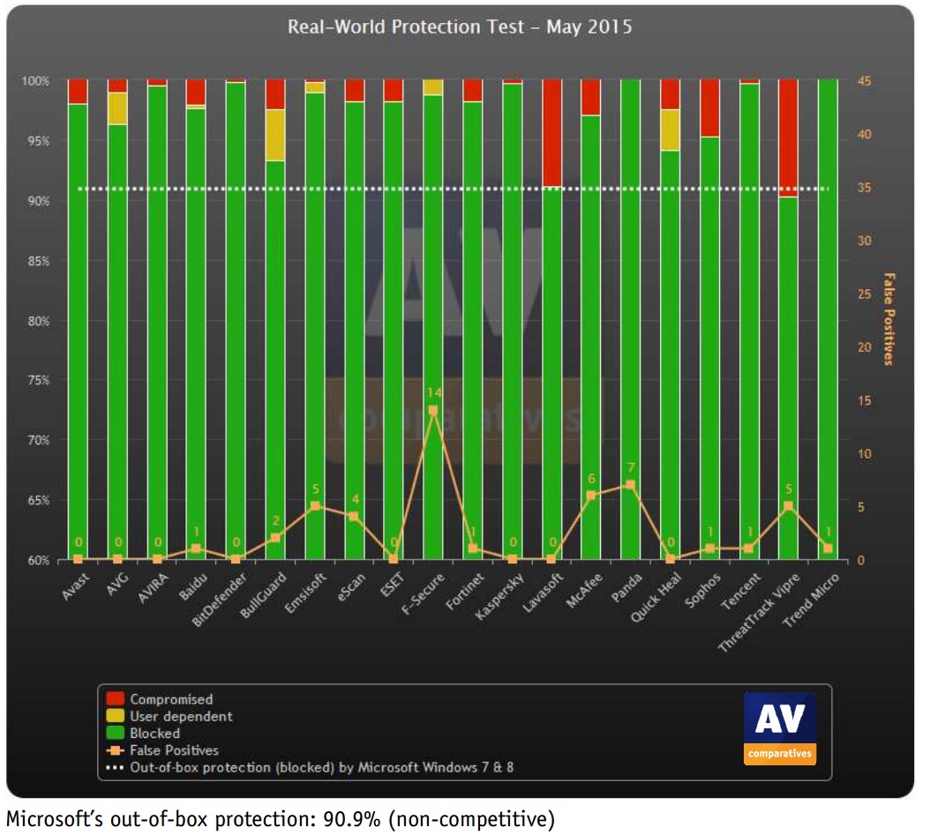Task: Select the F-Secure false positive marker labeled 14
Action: [x=432, y=410]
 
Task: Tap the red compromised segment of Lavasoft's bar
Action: [x=552, y=132]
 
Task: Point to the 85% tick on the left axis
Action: [x=36, y=262]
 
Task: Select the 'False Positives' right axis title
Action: [x=888, y=318]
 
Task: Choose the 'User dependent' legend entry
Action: [x=181, y=716]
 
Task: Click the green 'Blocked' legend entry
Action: [x=154, y=733]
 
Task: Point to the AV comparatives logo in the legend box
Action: [x=779, y=727]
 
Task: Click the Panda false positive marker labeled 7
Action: [x=630, y=485]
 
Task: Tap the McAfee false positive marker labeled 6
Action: [x=591, y=496]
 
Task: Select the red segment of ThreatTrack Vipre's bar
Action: [x=788, y=138]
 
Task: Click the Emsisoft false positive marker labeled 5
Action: [x=315, y=506]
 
